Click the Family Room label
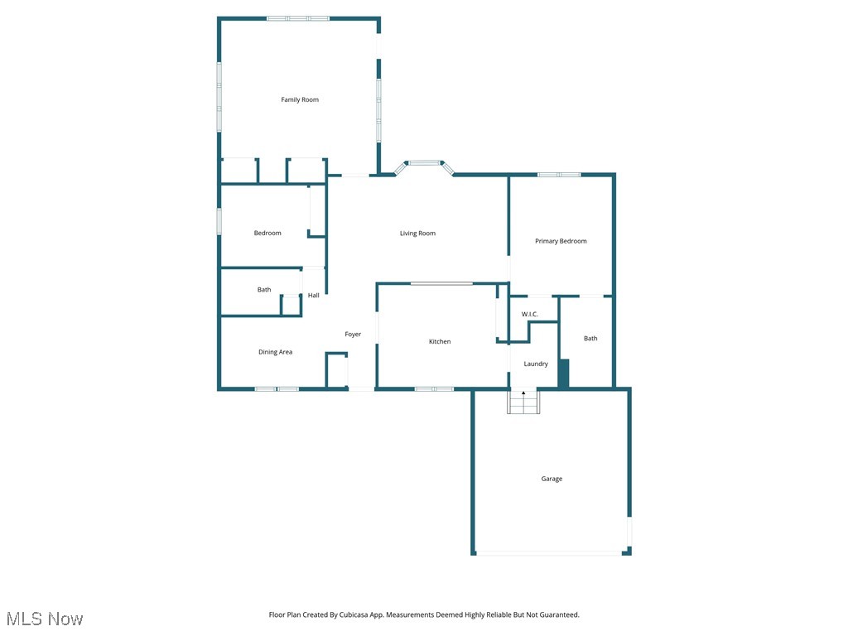300,100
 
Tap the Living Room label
417,234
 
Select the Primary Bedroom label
561,242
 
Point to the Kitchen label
440,342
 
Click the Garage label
552,479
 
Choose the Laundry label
536,364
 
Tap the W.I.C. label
530,315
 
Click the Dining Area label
275,353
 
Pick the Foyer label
353,335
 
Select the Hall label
314,296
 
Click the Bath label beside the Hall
264,290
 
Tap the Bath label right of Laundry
590,339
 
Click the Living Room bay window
425,163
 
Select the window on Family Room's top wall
298,18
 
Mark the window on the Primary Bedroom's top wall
559,175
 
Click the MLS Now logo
45,619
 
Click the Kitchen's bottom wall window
434,388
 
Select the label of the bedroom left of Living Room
267,234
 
